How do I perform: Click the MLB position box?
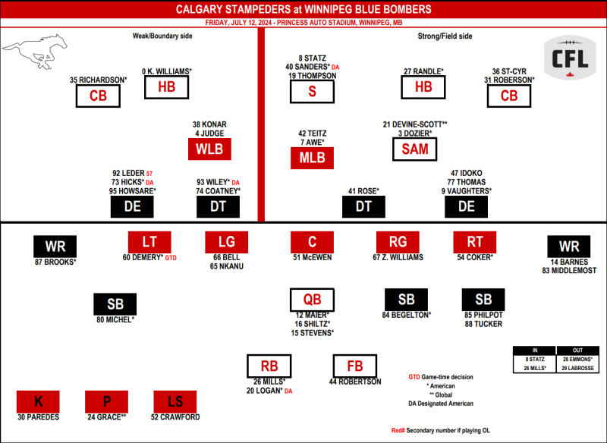click(x=312, y=158)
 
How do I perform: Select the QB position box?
click(x=312, y=300)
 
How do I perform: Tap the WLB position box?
click(x=209, y=149)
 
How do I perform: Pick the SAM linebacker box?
click(x=414, y=149)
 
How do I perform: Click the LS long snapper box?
click(x=175, y=401)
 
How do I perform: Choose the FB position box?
click(x=355, y=366)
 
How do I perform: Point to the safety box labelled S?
click(x=312, y=91)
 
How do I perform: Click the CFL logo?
click(x=570, y=58)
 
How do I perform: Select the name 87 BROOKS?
click(x=54, y=262)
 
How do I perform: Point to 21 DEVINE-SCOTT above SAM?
click(x=412, y=124)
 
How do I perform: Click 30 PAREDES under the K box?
click(x=39, y=417)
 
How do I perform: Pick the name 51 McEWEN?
click(x=313, y=257)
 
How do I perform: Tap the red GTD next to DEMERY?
click(x=171, y=258)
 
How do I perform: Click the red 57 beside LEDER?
click(x=149, y=174)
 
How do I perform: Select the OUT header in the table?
click(x=577, y=350)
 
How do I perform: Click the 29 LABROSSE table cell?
click(x=577, y=368)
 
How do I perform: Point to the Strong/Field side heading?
click(x=445, y=36)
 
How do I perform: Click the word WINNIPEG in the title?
click(x=345, y=9)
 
